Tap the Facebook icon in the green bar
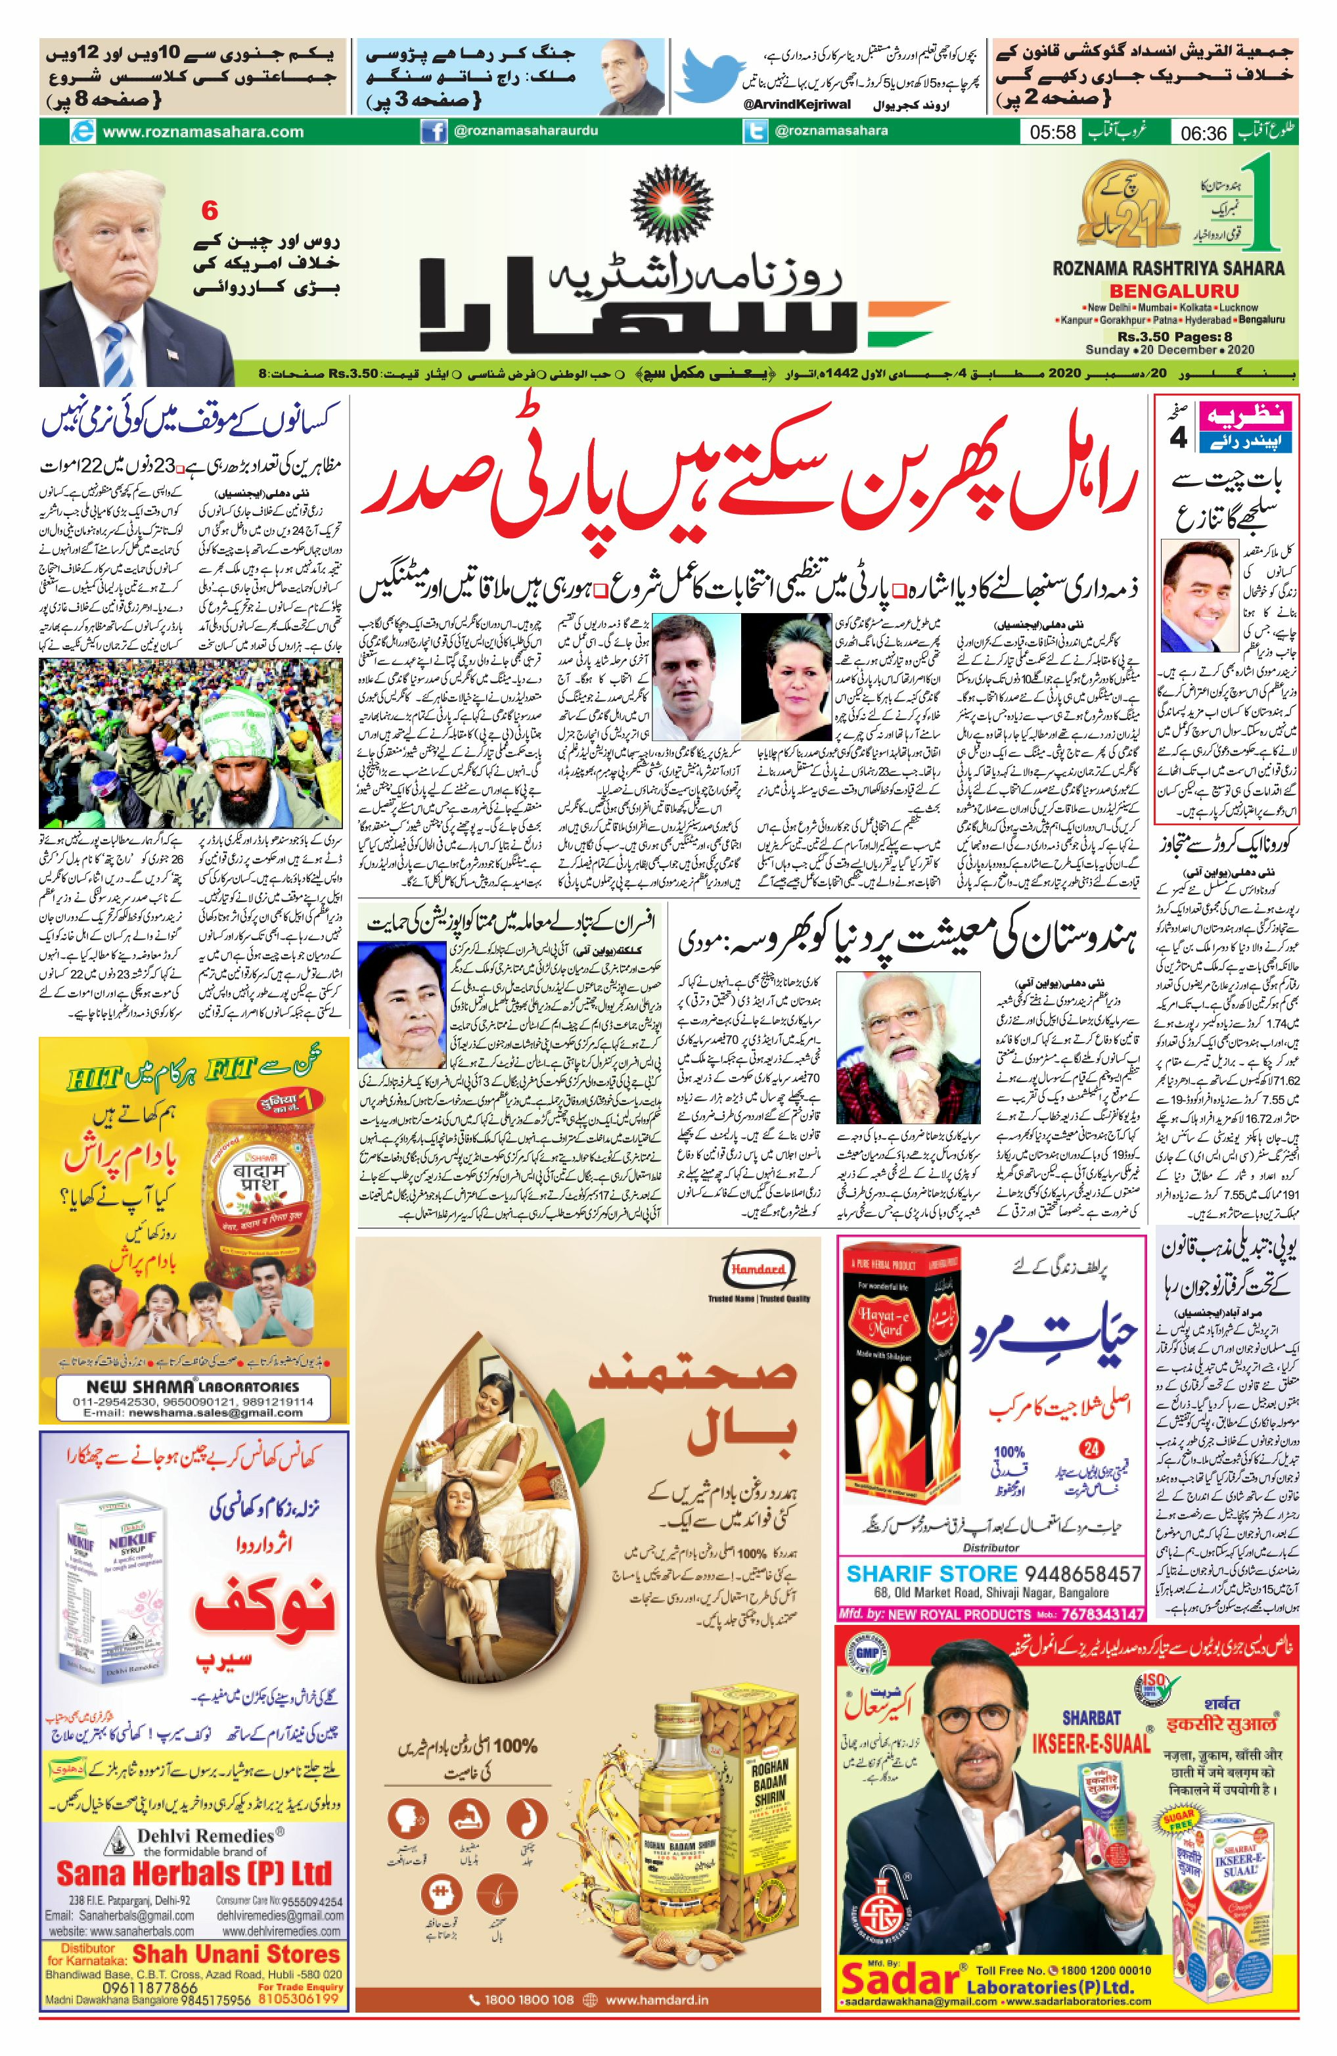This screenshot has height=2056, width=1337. point(433,132)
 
